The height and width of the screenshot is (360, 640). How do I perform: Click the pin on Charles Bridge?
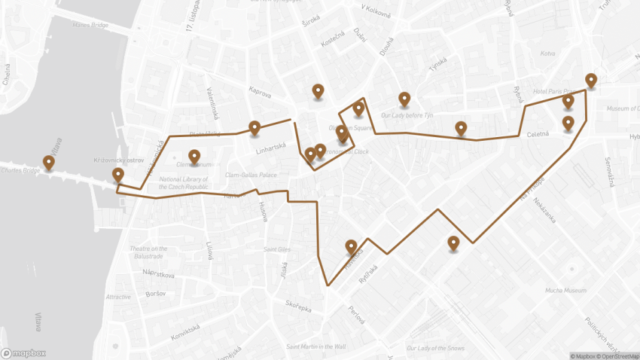49,162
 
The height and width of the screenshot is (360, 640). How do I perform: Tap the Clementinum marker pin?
194,157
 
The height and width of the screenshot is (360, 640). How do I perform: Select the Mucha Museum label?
565,290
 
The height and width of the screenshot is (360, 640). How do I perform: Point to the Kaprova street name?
259,92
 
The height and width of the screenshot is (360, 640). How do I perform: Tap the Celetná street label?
538,134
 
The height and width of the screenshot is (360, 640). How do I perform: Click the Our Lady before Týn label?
407,115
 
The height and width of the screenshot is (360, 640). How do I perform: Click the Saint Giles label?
277,249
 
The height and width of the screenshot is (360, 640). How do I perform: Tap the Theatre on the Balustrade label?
148,252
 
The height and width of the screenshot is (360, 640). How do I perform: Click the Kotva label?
547,53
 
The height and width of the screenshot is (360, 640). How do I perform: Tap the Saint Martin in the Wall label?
315,346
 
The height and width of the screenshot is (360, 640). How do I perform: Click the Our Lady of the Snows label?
435,348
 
